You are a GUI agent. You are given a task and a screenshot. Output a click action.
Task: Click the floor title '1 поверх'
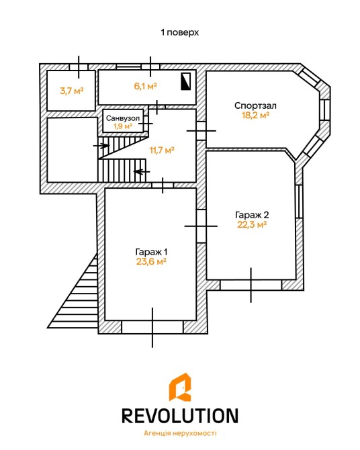pos(180,32)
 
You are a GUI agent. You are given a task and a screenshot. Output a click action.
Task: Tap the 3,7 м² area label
pos(71,91)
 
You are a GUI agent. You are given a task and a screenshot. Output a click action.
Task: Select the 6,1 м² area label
pos(146,85)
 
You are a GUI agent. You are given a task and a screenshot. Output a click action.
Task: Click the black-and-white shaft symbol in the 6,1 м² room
pos(186,81)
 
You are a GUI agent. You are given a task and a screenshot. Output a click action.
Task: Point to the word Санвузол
pos(123,118)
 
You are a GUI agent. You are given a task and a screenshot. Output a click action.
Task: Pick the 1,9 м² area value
pos(123,126)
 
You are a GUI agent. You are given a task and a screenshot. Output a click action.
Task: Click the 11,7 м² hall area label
pos(162,150)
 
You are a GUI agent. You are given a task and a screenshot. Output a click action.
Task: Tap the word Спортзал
pos(255,105)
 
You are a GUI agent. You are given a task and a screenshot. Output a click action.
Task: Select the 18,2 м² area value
pos(255,115)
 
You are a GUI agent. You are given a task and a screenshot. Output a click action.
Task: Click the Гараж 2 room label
pos(252,215)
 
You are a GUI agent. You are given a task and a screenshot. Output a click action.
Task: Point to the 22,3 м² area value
pos(252,224)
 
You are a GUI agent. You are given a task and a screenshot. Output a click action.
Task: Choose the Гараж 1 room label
pos(151,252)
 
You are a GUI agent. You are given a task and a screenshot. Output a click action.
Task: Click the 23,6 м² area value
pos(151,261)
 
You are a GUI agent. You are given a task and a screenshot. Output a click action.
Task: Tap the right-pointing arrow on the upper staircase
pos(101,146)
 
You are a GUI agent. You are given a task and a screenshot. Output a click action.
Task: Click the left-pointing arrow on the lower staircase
pos(142,172)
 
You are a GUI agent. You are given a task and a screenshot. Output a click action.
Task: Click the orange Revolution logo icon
pos(180,387)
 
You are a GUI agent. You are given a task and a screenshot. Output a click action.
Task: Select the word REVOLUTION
pos(180,416)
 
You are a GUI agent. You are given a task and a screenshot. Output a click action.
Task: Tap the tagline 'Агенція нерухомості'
pos(180,433)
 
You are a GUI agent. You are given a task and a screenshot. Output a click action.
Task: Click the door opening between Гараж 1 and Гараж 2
pos(201,226)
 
